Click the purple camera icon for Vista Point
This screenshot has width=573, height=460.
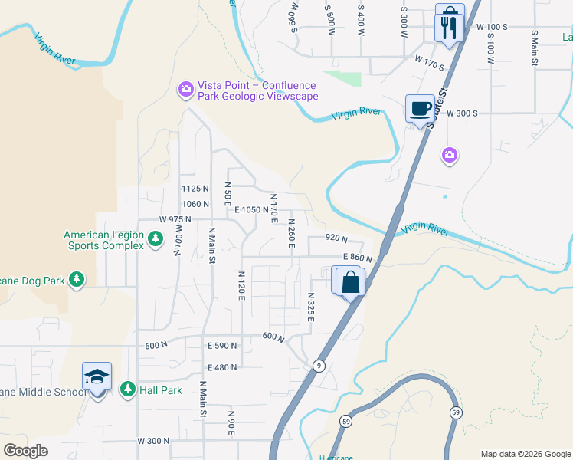[x=185, y=90]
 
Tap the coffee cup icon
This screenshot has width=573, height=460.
[x=420, y=109]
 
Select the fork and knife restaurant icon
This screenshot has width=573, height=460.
[x=449, y=28]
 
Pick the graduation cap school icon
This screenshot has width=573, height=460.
[x=97, y=376]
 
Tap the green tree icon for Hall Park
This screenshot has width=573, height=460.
[x=127, y=390]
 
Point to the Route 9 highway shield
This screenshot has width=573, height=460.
[x=318, y=366]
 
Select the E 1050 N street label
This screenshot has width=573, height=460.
[x=251, y=209]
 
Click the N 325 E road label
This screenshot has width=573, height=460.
[x=310, y=307]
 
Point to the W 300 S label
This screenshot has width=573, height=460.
[x=463, y=113]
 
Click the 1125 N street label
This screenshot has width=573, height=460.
[x=195, y=189]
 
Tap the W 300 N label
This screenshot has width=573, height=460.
[x=152, y=441]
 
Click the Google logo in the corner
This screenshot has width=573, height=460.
[x=26, y=451]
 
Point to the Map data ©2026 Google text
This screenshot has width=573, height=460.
[x=526, y=454]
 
